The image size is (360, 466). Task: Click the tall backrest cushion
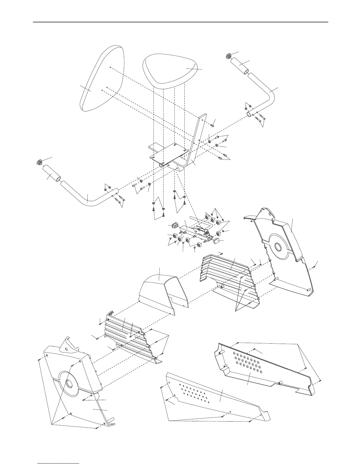click(x=101, y=79)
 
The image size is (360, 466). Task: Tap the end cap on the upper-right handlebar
click(x=229, y=56)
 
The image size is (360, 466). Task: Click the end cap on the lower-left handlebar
click(x=39, y=162)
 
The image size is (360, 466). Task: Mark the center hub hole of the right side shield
click(x=278, y=247)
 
